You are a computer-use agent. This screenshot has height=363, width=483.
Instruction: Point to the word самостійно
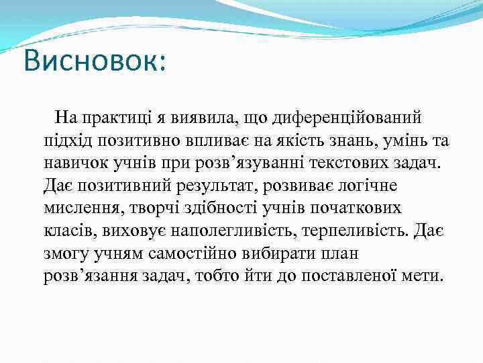pos(179,254)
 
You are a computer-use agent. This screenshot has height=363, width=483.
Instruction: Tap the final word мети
pos(423,277)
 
